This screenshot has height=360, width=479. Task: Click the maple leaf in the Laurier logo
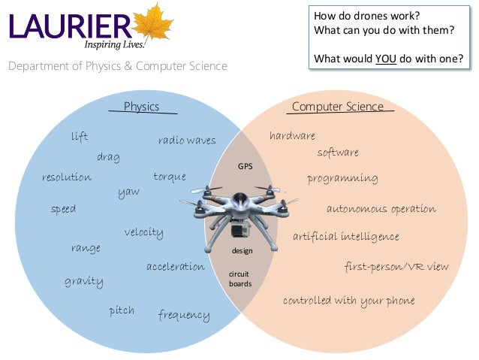[154, 23]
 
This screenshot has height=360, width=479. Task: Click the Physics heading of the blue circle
[141, 107]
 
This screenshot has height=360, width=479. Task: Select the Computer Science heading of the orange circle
[338, 107]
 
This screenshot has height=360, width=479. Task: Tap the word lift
[80, 137]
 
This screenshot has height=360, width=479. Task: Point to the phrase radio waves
[187, 141]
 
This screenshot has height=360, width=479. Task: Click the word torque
[170, 177]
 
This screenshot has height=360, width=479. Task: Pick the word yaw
[128, 192]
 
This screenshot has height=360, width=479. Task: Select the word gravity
[84, 281]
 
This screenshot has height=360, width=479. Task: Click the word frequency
[184, 314]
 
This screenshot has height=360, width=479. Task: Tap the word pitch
[122, 310]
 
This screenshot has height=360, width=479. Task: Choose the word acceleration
[176, 267]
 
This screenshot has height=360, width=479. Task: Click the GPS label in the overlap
[246, 165]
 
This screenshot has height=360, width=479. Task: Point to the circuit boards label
[240, 280]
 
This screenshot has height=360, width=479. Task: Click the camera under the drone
[238, 231]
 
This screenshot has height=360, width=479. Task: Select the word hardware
[292, 136]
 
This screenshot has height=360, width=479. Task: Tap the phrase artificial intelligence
[346, 237]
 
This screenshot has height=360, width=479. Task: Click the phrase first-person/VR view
[396, 267]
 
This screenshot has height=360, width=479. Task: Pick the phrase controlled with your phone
[348, 301]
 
